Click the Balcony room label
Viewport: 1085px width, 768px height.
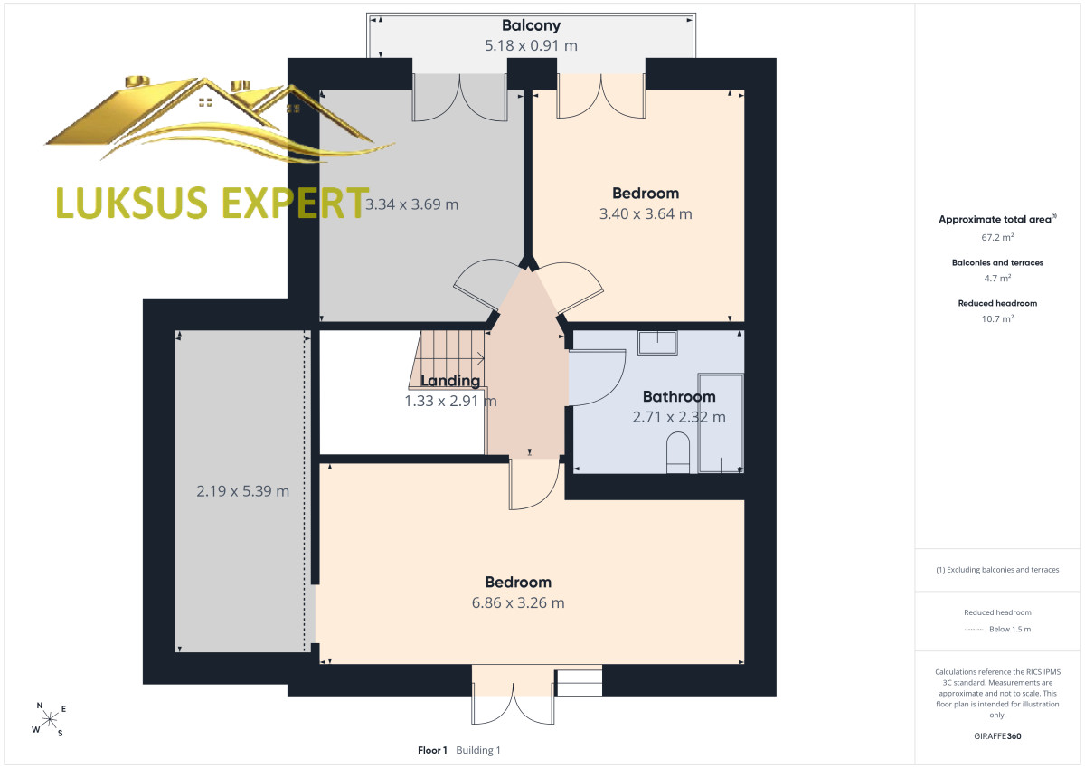(531, 25)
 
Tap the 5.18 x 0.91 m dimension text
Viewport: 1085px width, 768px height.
(531, 45)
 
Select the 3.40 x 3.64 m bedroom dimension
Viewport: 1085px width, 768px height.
(646, 213)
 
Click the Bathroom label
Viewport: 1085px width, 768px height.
(679, 396)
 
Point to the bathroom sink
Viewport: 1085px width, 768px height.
(657, 343)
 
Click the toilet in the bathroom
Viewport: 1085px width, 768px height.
(678, 453)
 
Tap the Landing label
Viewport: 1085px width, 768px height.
(450, 381)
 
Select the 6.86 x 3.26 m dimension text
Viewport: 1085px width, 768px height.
(518, 602)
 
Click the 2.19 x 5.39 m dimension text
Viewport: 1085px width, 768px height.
(242, 491)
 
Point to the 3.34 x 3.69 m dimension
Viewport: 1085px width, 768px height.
(411, 204)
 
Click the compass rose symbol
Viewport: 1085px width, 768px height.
(50, 719)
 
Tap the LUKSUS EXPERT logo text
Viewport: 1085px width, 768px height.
(212, 203)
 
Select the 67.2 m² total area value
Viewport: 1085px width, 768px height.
(997, 237)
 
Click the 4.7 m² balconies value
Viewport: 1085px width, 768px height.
(997, 278)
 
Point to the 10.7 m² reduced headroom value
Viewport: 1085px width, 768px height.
(997, 318)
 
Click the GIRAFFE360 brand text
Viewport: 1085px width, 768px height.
(997, 736)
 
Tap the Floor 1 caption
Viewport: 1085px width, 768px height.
(432, 750)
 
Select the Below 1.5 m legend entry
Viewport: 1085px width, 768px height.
(1010, 629)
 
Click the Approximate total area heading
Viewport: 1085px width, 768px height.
(997, 219)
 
